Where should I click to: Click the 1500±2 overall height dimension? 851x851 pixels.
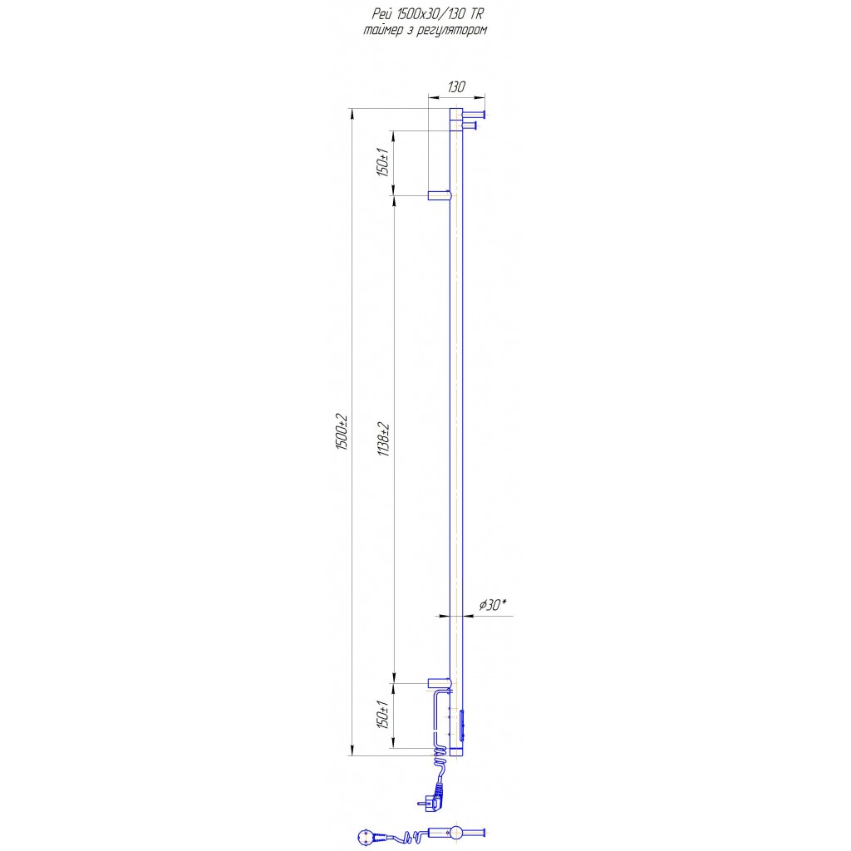click(342, 432)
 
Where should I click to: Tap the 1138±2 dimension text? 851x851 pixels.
click(384, 439)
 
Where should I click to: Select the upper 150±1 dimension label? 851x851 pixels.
click(383, 162)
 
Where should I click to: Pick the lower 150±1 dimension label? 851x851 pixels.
click(383, 714)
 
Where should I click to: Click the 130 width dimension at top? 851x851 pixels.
click(456, 86)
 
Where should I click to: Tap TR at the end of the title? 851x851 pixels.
click(475, 14)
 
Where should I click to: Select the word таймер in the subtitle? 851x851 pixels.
click(382, 31)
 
